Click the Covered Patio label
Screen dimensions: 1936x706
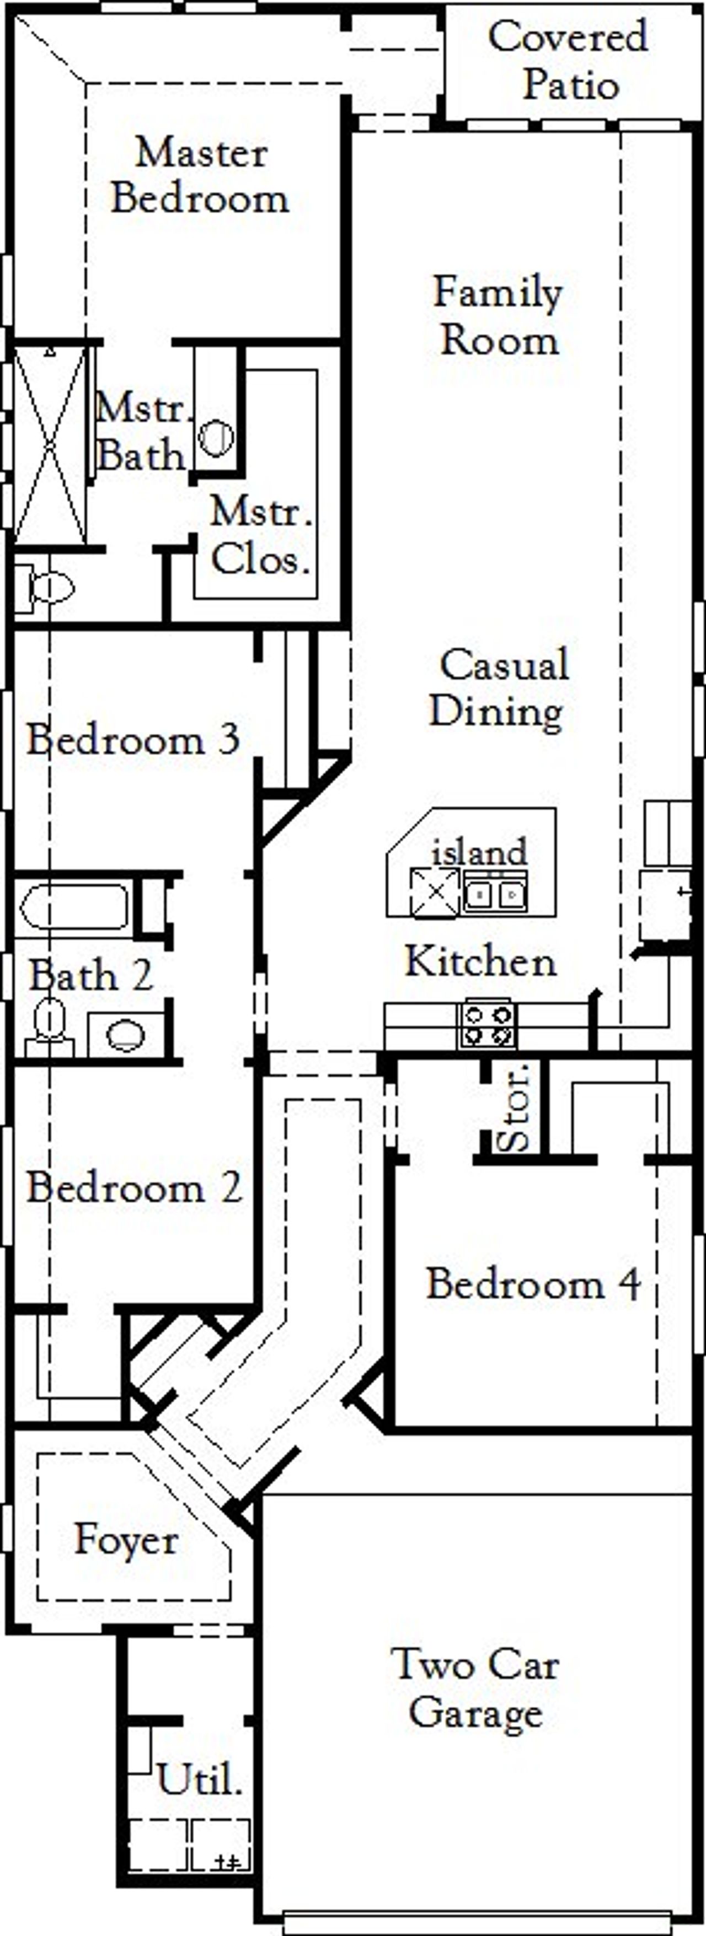coord(569,60)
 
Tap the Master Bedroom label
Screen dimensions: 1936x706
coord(201,176)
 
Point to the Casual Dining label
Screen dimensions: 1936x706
coord(499,687)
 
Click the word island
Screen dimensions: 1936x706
coord(479,852)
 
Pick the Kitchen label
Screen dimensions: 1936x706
coord(481,961)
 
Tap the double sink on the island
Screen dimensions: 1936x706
coord(494,894)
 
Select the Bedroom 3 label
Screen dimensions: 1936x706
coord(133,740)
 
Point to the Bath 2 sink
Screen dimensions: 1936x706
coord(126,1035)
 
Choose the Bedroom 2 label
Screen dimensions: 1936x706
coord(135,1188)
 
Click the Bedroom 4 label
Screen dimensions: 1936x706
coord(533,1284)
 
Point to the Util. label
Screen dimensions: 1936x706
coord(199,1779)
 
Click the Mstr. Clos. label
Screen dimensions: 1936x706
coord(260,536)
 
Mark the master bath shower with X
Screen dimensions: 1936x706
coord(50,445)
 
